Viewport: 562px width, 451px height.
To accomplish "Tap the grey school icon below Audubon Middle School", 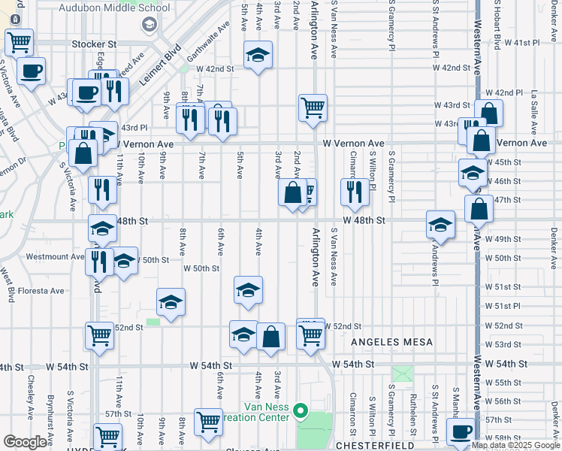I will pos(150,25).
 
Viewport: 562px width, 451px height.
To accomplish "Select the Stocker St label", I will pos(95,44).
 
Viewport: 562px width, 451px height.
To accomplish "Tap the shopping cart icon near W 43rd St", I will pos(312,107).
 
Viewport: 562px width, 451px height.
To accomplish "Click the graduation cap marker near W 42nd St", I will pos(258,55).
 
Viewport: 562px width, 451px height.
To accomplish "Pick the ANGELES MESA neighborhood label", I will pos(392,342).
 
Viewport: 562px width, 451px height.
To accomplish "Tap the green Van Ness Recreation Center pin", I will pos(301,410).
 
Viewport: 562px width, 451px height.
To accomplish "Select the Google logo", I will pos(25,442).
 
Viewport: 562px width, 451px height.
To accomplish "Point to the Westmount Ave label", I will pos(55,256).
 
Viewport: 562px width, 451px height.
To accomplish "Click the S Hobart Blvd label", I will pos(497,26).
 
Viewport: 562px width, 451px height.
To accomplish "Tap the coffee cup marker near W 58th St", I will pos(461,431).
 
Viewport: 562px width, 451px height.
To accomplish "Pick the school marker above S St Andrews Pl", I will pos(441,225).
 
